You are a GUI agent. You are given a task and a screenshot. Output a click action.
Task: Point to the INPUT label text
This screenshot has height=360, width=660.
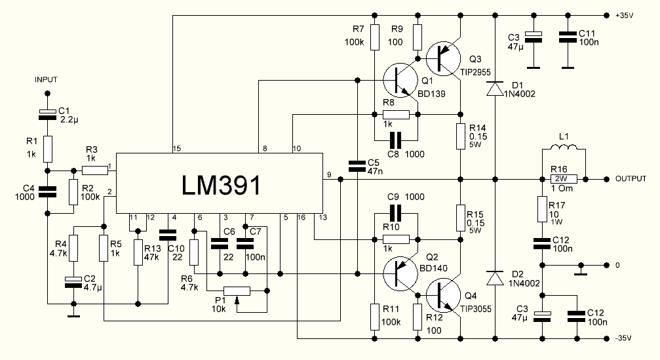pos(47,79)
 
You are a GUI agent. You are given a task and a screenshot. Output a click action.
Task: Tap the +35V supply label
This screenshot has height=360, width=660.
pos(625,14)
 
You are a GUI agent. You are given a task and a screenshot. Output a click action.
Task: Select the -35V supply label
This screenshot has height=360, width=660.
pos(624,338)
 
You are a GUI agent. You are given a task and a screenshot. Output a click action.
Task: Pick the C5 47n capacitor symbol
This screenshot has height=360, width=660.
pos(357,166)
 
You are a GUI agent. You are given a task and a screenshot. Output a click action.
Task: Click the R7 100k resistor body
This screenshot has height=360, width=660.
pos(374,37)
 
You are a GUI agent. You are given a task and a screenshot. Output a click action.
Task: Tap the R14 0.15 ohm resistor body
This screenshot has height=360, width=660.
pos(460,136)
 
